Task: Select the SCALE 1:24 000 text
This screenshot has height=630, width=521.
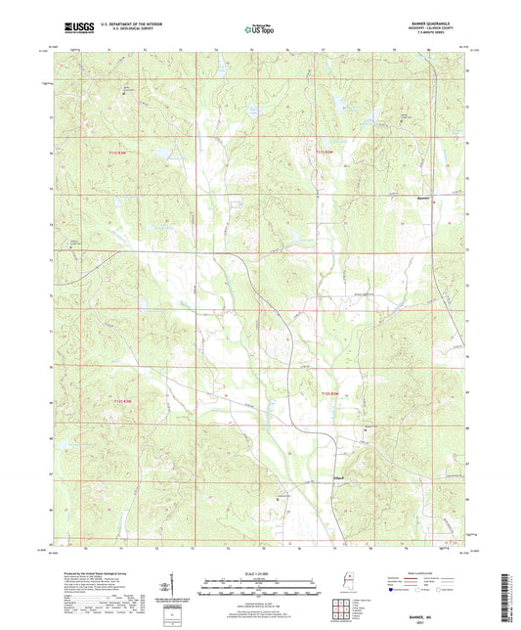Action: pos(259,573)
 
